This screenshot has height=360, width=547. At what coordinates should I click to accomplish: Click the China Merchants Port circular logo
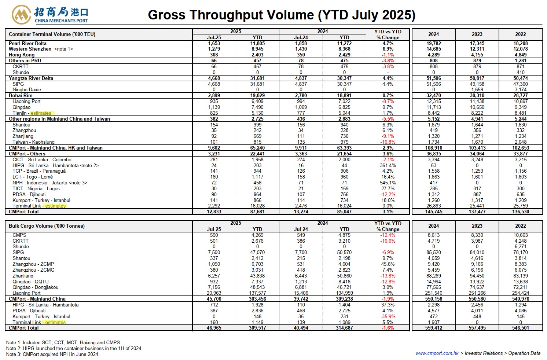pos(21,15)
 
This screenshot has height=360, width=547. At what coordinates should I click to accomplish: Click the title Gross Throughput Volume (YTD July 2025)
pos(282,15)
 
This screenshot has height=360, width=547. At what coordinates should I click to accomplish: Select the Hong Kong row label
pos(22,55)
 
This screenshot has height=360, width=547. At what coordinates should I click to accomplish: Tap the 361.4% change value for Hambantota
pos(388,165)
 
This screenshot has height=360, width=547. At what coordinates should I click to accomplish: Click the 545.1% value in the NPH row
pos(388,183)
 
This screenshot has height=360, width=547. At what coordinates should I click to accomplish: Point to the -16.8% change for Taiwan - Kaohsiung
pos(388,142)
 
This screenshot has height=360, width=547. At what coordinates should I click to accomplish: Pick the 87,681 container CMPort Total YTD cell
pos(257,212)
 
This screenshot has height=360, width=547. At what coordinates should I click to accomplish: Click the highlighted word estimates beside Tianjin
pos(41,113)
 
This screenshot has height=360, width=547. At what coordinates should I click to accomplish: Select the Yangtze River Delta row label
pos(31,78)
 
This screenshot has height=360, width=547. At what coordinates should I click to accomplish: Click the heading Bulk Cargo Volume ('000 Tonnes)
pos(47,226)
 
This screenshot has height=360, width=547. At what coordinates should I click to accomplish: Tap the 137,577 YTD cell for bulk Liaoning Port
pos(257,293)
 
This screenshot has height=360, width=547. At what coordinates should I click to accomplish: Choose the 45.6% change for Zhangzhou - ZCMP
pos(388,264)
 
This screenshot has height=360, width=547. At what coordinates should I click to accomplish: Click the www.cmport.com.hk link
pos(437,353)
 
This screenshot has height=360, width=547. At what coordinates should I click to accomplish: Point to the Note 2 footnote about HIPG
pos(74,348)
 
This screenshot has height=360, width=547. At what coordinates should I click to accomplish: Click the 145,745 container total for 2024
pos(434,212)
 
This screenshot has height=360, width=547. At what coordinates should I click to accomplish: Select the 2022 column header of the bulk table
pos(520,226)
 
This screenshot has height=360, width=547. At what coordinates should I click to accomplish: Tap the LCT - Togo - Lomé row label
pos(33,177)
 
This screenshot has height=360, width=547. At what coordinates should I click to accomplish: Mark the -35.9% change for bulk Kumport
pos(388,316)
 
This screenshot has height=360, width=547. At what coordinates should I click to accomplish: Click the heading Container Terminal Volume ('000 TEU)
pos(52,34)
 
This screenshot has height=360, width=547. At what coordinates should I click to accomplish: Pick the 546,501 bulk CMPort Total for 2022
pos(520,328)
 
